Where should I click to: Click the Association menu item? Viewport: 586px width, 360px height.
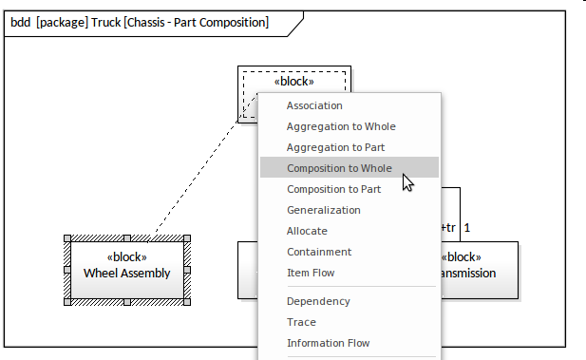click(314, 105)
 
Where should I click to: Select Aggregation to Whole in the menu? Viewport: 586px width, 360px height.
click(341, 126)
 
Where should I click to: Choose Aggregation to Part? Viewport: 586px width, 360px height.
click(335, 147)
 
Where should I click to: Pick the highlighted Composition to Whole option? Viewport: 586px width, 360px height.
click(339, 168)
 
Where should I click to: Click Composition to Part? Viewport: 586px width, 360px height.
click(333, 189)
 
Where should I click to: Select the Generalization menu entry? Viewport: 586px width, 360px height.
click(324, 210)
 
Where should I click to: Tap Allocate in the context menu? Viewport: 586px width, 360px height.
click(307, 231)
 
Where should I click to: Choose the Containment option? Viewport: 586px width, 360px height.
click(319, 252)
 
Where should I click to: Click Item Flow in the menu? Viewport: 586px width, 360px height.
click(311, 273)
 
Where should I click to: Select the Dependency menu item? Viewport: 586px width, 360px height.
click(318, 301)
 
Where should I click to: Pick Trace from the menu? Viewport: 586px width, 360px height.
click(301, 322)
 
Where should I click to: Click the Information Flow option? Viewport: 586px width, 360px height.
click(328, 343)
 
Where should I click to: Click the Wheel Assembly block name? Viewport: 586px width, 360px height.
click(126, 274)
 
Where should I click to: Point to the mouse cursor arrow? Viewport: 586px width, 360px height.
click(407, 182)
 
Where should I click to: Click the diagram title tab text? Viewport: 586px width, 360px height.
click(140, 23)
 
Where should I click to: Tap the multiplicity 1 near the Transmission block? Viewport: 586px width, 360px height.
click(466, 228)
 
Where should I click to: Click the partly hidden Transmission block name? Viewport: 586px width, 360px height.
click(468, 274)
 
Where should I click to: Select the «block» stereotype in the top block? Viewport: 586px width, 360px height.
click(294, 82)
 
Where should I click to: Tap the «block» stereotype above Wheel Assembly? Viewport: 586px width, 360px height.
click(126, 257)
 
